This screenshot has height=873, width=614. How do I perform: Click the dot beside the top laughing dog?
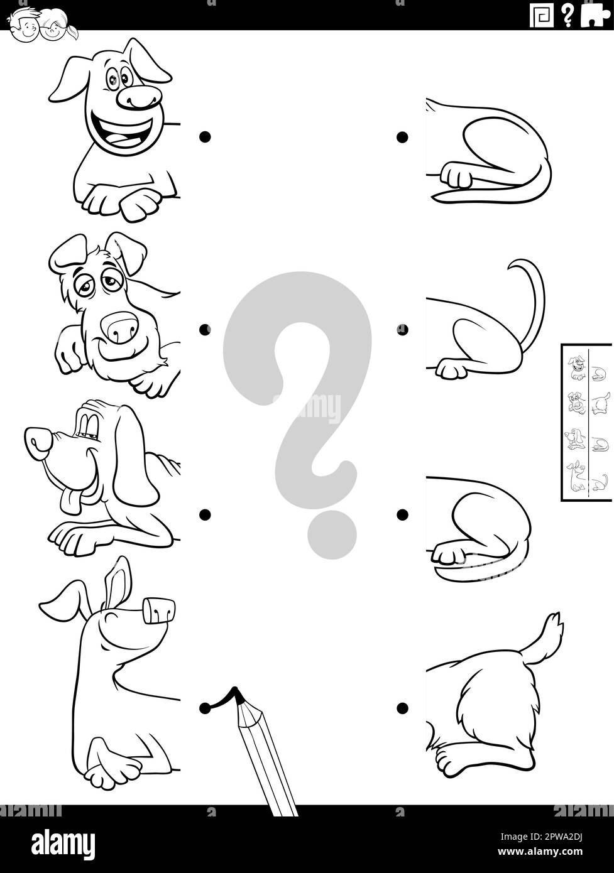[205, 136]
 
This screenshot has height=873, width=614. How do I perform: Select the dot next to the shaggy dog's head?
[205, 330]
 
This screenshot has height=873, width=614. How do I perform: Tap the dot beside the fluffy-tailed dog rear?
[403, 708]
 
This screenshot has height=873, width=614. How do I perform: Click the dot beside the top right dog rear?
[403, 137]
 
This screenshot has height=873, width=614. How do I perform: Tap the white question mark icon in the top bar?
[567, 16]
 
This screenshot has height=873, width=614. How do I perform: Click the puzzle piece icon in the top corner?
[595, 16]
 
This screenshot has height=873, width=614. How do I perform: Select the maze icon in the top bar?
[542, 16]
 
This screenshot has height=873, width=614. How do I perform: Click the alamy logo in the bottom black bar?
[63, 842]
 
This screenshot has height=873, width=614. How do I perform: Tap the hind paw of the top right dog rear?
[456, 175]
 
